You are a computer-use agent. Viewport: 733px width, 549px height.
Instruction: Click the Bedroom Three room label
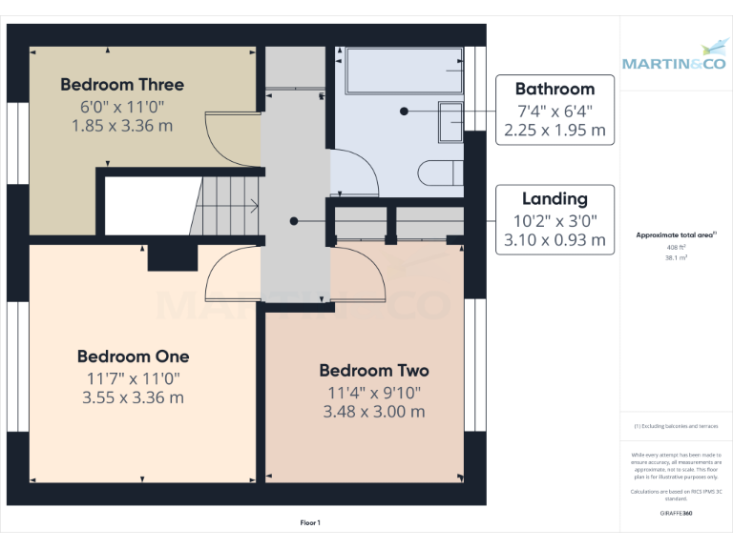122,84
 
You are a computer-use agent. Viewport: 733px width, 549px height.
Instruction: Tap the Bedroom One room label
133,356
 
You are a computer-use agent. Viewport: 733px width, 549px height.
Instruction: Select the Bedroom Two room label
373,370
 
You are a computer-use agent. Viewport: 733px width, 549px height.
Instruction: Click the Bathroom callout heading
555,89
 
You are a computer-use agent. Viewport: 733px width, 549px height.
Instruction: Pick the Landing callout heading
555,199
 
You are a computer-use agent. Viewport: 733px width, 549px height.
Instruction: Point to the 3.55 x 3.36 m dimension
133,397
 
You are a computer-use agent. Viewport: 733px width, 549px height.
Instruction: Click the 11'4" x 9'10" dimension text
373,392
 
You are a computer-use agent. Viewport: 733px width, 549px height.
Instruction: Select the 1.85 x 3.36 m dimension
122,124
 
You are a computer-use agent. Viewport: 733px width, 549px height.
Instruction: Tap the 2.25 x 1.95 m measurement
555,130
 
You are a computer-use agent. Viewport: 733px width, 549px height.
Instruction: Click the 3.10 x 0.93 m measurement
555,240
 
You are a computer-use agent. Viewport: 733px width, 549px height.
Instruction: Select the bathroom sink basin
450,121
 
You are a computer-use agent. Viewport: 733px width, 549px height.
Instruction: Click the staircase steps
229,204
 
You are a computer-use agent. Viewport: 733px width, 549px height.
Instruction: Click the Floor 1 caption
310,522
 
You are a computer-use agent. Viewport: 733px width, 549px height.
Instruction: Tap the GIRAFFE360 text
675,513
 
